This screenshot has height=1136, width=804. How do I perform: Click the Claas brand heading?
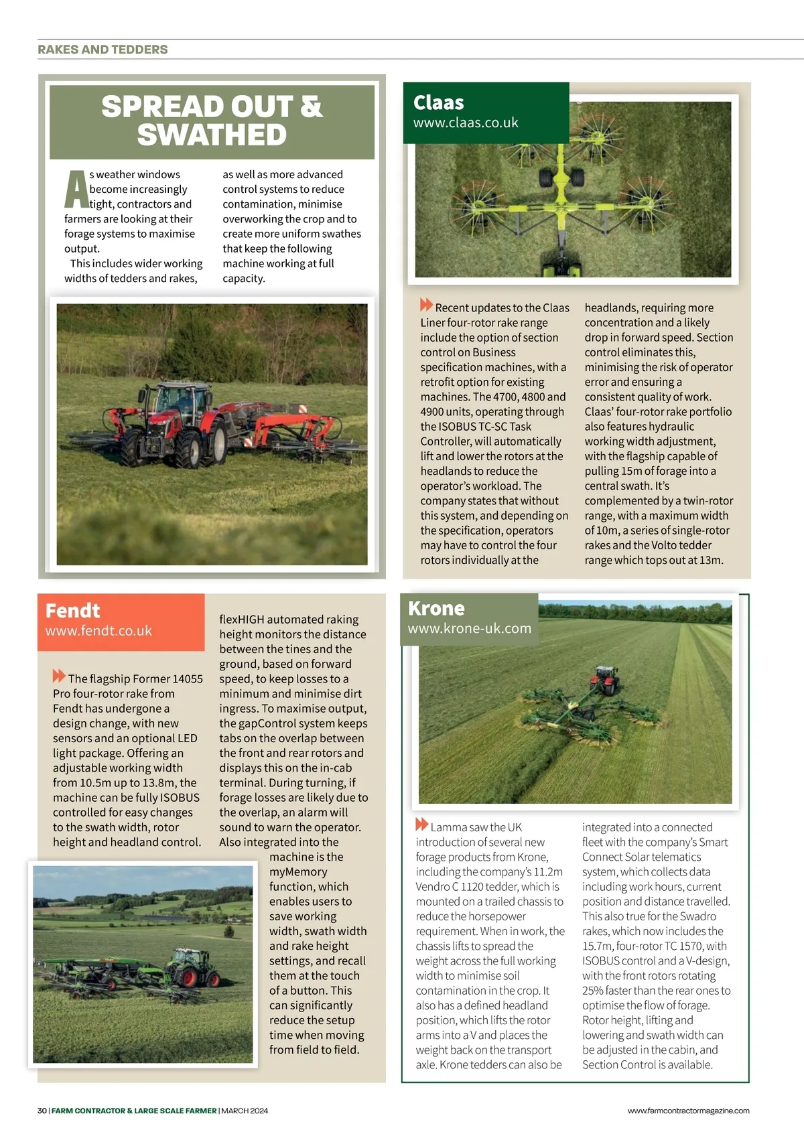[438, 102]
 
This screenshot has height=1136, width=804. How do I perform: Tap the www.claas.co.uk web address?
[466, 123]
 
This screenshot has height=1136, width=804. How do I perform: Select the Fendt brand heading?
[72, 611]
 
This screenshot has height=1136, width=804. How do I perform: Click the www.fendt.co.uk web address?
[98, 631]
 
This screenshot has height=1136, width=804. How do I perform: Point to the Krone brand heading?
[436, 608]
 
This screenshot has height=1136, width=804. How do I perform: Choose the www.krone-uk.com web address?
[469, 629]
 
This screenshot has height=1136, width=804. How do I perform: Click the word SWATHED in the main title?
[212, 135]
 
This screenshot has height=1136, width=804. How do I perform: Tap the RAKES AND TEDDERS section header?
[103, 50]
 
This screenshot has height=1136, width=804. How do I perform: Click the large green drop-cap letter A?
[76, 190]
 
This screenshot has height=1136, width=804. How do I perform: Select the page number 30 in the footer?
[42, 1111]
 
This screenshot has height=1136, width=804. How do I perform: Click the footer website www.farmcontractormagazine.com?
[688, 1111]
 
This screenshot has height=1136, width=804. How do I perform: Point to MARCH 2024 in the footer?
[245, 1111]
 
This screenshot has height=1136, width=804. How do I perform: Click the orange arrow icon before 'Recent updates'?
[426, 305]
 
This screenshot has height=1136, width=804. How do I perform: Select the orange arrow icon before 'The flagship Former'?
[59, 677]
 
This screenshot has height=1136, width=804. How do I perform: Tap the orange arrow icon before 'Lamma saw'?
[421, 825]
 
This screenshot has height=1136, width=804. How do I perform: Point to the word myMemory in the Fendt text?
[298, 872]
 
